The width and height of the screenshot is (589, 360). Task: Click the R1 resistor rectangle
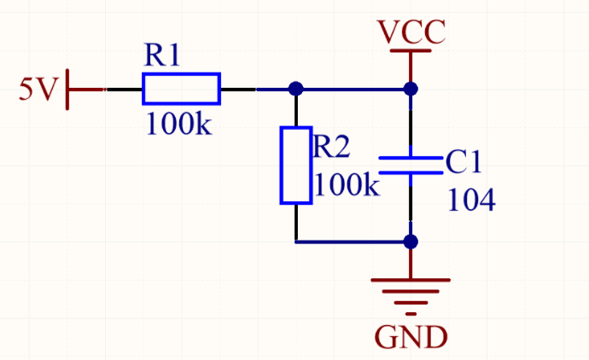181,73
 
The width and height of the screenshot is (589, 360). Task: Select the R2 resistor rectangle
282,165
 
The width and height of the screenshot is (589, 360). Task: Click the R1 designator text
162,55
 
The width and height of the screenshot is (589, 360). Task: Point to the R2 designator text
331,147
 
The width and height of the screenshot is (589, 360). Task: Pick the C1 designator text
464,162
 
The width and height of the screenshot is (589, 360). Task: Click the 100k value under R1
178,124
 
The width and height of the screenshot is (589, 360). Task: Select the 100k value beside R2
347,185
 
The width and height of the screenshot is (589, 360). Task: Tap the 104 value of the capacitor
471,200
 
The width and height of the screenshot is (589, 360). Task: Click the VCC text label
411,32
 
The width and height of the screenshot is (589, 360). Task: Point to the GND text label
411,338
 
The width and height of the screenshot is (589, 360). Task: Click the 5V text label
38,89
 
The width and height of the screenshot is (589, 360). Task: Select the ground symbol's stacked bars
411,297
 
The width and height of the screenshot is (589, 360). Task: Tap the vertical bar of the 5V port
67,90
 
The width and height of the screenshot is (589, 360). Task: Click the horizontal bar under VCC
411,50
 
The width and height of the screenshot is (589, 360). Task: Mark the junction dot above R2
296,89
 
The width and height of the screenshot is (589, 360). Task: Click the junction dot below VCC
411,89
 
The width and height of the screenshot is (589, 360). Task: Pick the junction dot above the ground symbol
411,241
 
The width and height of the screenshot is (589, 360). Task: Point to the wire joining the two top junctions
353,90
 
